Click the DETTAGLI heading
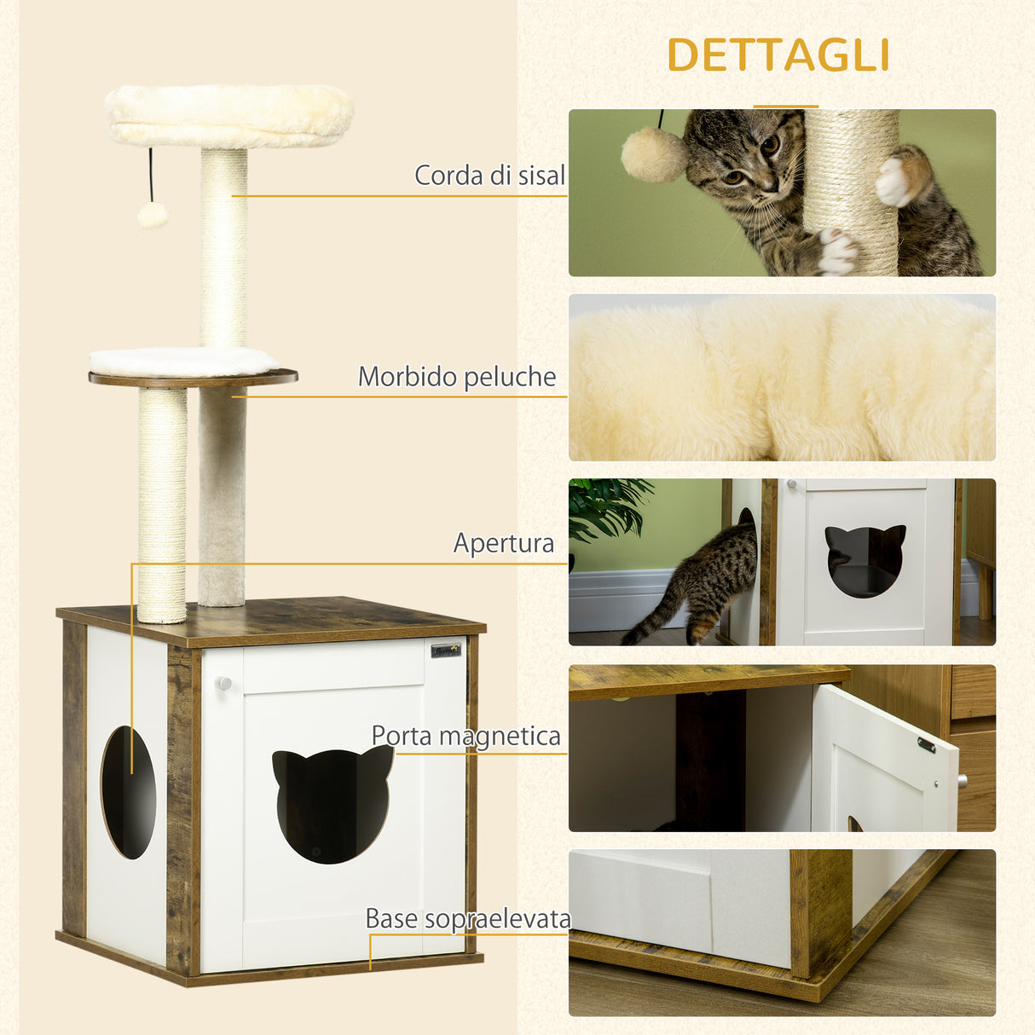click(778, 55)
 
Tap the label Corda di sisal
click(489, 176)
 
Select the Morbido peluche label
click(457, 377)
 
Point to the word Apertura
click(504, 543)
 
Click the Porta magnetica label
click(466, 736)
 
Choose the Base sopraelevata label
click(468, 918)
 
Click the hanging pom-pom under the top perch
click(153, 215)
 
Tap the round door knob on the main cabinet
click(223, 683)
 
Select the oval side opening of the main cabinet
click(129, 792)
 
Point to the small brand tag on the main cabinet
click(446, 650)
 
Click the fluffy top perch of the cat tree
click(228, 114)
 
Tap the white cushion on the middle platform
click(182, 361)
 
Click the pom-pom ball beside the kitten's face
click(653, 154)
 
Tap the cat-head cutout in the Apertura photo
click(864, 559)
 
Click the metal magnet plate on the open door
click(927, 744)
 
